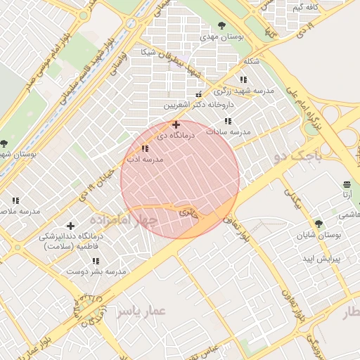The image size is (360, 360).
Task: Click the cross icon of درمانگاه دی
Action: pyautogui.click(x=176, y=124)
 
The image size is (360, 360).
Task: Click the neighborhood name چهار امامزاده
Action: pyautogui.click(x=131, y=219)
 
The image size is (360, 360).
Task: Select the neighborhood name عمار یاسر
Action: pyautogui.click(x=141, y=310)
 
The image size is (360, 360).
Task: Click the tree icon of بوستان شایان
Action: pyautogui.click(x=319, y=224)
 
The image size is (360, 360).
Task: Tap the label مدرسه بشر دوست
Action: pyautogui.click(x=96, y=271)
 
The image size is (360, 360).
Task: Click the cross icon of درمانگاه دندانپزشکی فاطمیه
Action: pyautogui.click(x=70, y=226)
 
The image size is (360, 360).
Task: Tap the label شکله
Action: pyautogui.click(x=250, y=61)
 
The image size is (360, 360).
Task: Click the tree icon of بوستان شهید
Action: pyautogui.click(x=4, y=143)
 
